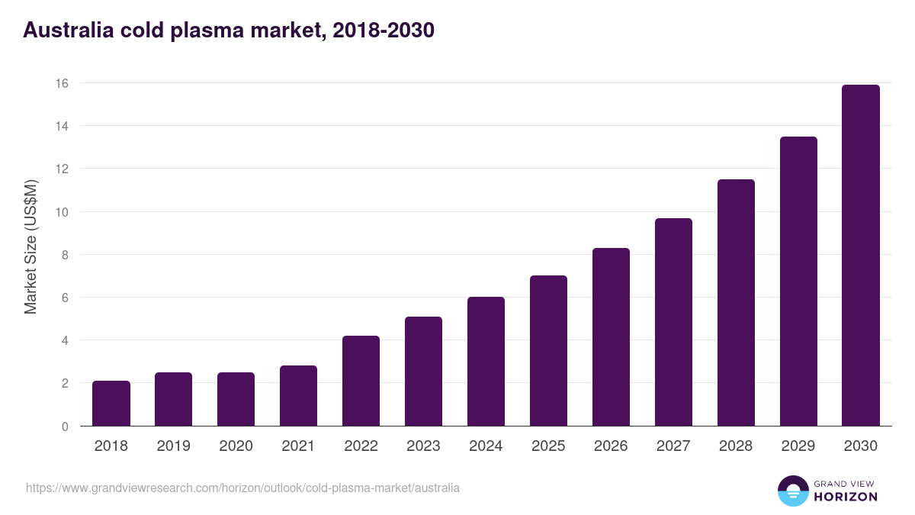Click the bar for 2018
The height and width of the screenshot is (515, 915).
[x=111, y=404]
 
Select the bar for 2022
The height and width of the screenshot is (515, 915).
[x=361, y=381]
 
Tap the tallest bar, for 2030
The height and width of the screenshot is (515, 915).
[x=861, y=256]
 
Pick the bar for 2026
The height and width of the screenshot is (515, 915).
[x=611, y=337]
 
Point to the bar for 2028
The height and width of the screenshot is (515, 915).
[x=736, y=303]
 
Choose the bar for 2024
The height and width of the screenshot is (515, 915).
[x=486, y=362]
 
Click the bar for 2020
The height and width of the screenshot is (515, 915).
[x=236, y=399]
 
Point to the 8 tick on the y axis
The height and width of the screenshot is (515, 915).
[x=65, y=255]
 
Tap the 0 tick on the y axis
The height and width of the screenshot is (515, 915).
[x=65, y=426]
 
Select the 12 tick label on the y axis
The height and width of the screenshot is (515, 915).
[x=62, y=169]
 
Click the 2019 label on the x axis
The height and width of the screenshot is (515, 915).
[x=174, y=446]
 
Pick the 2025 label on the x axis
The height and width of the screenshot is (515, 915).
[x=548, y=446]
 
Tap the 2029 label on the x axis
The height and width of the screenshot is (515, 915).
[x=798, y=446]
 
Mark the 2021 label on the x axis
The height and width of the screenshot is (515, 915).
[x=299, y=446]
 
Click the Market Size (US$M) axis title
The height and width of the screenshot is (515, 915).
[x=30, y=246]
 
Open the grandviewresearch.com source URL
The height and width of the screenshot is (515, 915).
[x=242, y=488]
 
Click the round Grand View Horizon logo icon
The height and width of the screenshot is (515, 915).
[x=792, y=491]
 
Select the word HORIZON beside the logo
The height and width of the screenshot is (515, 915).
[x=845, y=497]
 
